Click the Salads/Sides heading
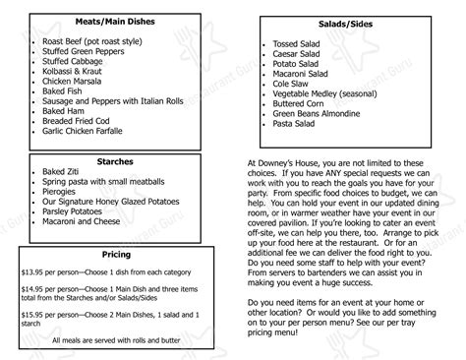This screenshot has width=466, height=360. pos(352,22)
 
